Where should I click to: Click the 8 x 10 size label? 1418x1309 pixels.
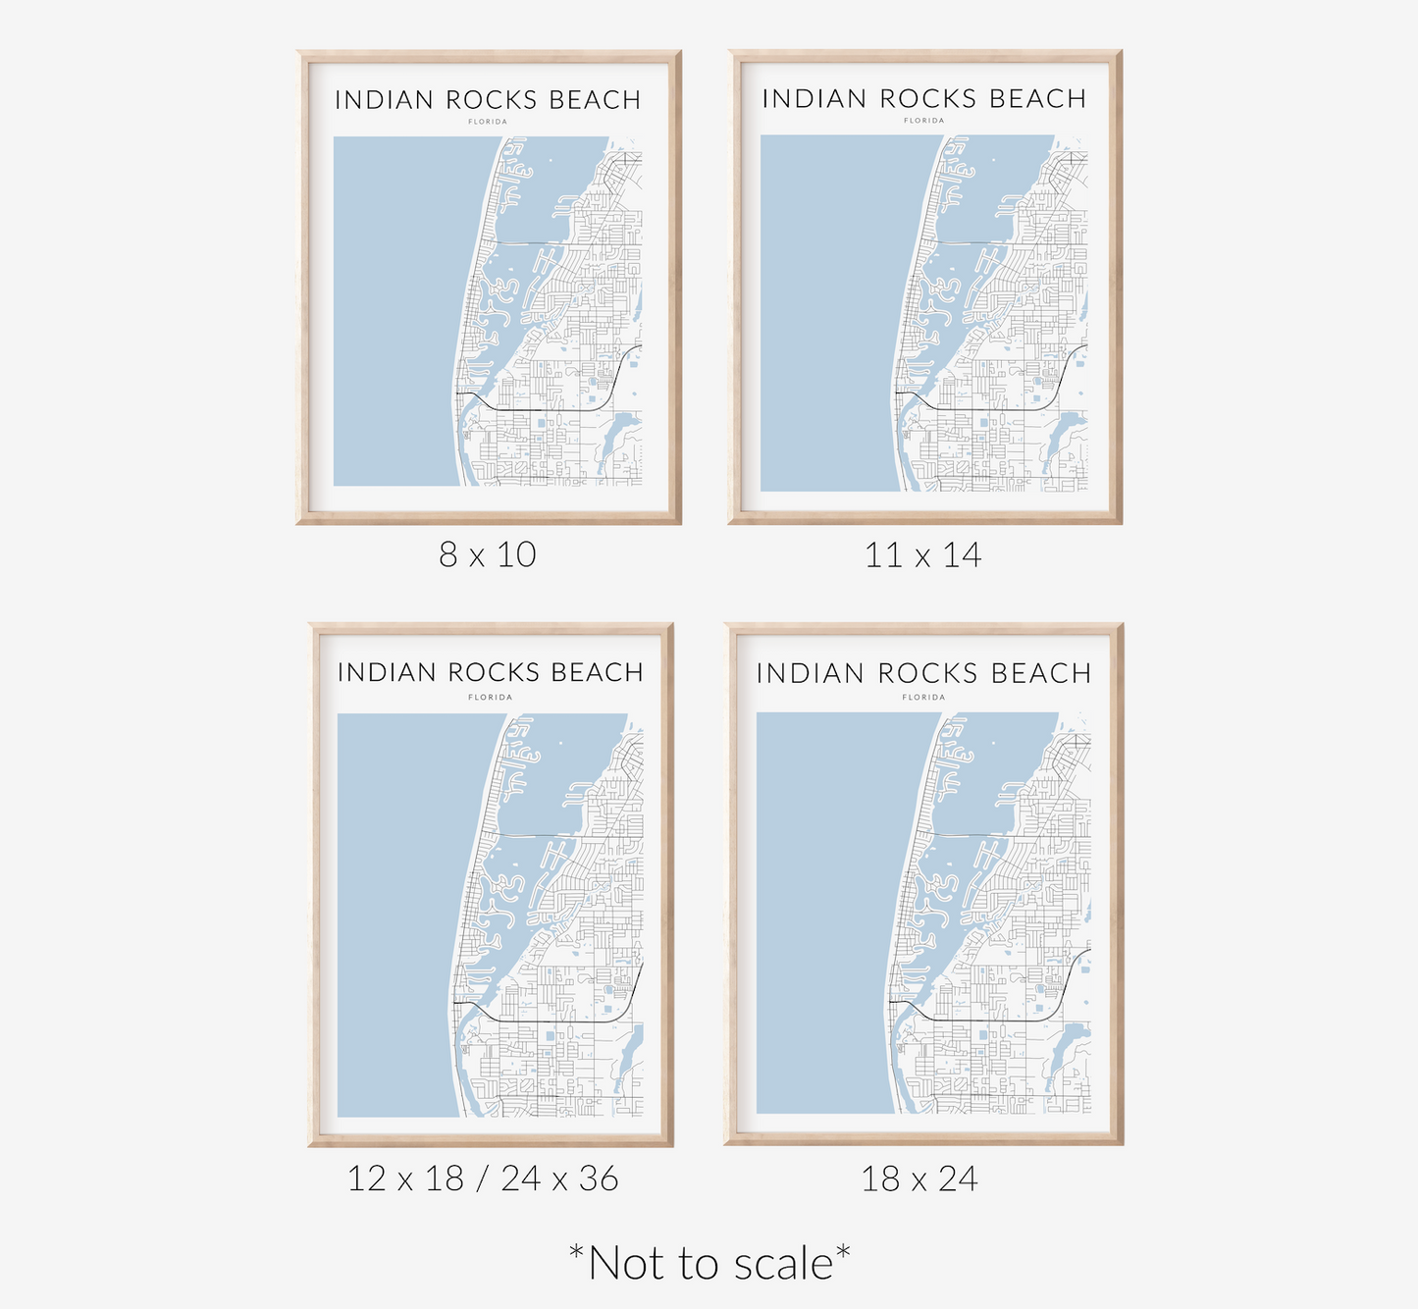click(x=488, y=554)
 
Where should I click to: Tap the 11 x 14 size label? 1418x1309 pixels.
click(x=922, y=555)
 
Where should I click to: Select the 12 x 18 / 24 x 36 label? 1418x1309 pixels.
click(x=483, y=1178)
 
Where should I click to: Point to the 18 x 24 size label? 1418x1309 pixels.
click(x=919, y=1178)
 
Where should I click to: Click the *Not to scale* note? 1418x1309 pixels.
click(x=709, y=1263)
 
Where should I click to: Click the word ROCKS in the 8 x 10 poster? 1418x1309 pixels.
click(x=492, y=100)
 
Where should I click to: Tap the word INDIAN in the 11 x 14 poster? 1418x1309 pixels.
click(x=814, y=99)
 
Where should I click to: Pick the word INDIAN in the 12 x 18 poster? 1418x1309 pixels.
click(x=387, y=672)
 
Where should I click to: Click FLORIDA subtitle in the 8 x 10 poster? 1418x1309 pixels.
click(x=488, y=122)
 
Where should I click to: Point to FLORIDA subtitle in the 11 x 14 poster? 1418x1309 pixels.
click(x=923, y=121)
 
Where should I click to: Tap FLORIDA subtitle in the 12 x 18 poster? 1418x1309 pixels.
click(x=490, y=698)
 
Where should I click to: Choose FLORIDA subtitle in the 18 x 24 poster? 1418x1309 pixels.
click(x=923, y=698)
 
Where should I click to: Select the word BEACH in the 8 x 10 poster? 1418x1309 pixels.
click(x=595, y=100)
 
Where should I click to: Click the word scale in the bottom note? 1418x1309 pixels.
click(x=782, y=1264)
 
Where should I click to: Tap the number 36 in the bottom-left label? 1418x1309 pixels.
click(x=599, y=1178)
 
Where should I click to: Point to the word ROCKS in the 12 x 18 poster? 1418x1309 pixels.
click(x=494, y=672)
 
